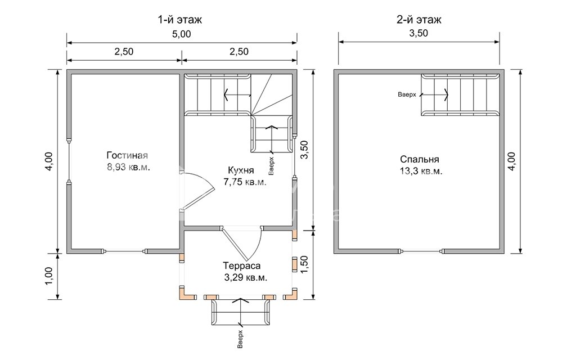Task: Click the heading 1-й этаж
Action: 180,19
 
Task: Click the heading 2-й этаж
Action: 419,19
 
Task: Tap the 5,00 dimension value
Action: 182,34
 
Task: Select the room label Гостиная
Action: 127,155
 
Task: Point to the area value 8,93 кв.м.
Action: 129,168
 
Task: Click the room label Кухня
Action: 241,170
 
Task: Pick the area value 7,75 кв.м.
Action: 245,182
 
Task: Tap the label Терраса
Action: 242,265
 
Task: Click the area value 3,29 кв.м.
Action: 246,277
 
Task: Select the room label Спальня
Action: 420,159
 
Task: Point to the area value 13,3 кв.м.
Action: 421,171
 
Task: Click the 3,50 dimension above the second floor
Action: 418,33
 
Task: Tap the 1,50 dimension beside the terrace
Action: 305,264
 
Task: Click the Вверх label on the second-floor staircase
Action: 407,94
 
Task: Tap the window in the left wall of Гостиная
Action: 69,161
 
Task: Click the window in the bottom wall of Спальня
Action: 421,251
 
